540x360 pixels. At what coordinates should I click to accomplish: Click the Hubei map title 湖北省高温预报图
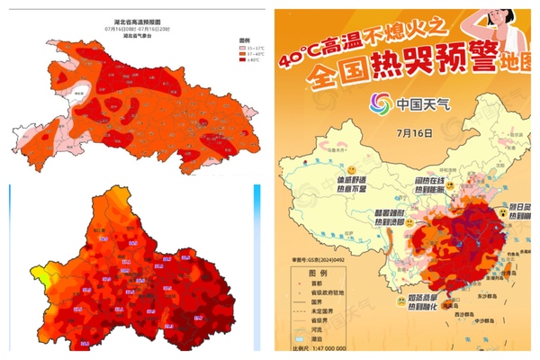pos(132,19)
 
